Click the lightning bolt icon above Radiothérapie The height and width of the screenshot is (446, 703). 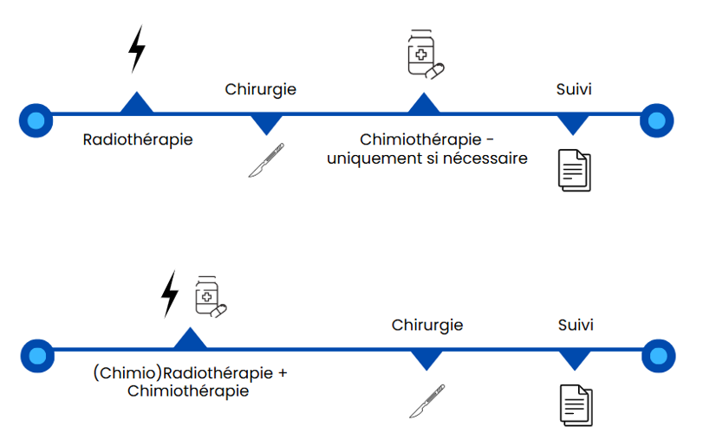136,48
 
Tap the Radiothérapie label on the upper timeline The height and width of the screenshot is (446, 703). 138,139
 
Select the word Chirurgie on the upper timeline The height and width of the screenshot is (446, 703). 261,89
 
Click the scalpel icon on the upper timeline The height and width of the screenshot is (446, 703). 266,160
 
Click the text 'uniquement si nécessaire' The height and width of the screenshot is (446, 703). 426,158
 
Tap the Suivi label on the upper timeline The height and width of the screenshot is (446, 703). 574,89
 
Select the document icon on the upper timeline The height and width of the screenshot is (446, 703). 573,170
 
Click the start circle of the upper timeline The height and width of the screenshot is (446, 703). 36,119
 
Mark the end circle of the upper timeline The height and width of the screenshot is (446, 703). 656,120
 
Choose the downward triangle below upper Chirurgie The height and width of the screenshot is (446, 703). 266,124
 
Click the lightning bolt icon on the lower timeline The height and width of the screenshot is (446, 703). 171,294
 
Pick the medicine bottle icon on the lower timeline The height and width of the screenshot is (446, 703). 209,296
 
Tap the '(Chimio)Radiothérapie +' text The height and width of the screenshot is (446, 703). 190,373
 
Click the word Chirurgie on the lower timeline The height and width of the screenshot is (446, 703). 426,326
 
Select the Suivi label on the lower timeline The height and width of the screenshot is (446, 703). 576,326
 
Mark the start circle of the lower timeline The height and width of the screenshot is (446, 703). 37,355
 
